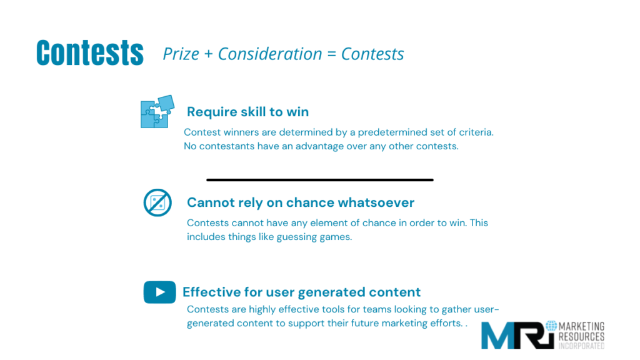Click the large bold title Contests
point(90,52)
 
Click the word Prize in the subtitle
point(181,54)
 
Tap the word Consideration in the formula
point(270,54)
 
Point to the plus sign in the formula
point(209,54)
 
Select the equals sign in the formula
point(331,54)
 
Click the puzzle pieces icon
point(157,111)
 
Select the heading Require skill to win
point(247,112)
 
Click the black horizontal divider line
point(320,179)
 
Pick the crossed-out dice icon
point(157,202)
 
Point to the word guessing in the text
point(297,237)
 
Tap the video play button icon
point(159,292)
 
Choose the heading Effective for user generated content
point(302,292)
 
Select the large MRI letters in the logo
point(518,335)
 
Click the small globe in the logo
point(551,326)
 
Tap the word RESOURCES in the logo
point(581,337)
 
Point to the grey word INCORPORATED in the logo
point(581,346)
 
